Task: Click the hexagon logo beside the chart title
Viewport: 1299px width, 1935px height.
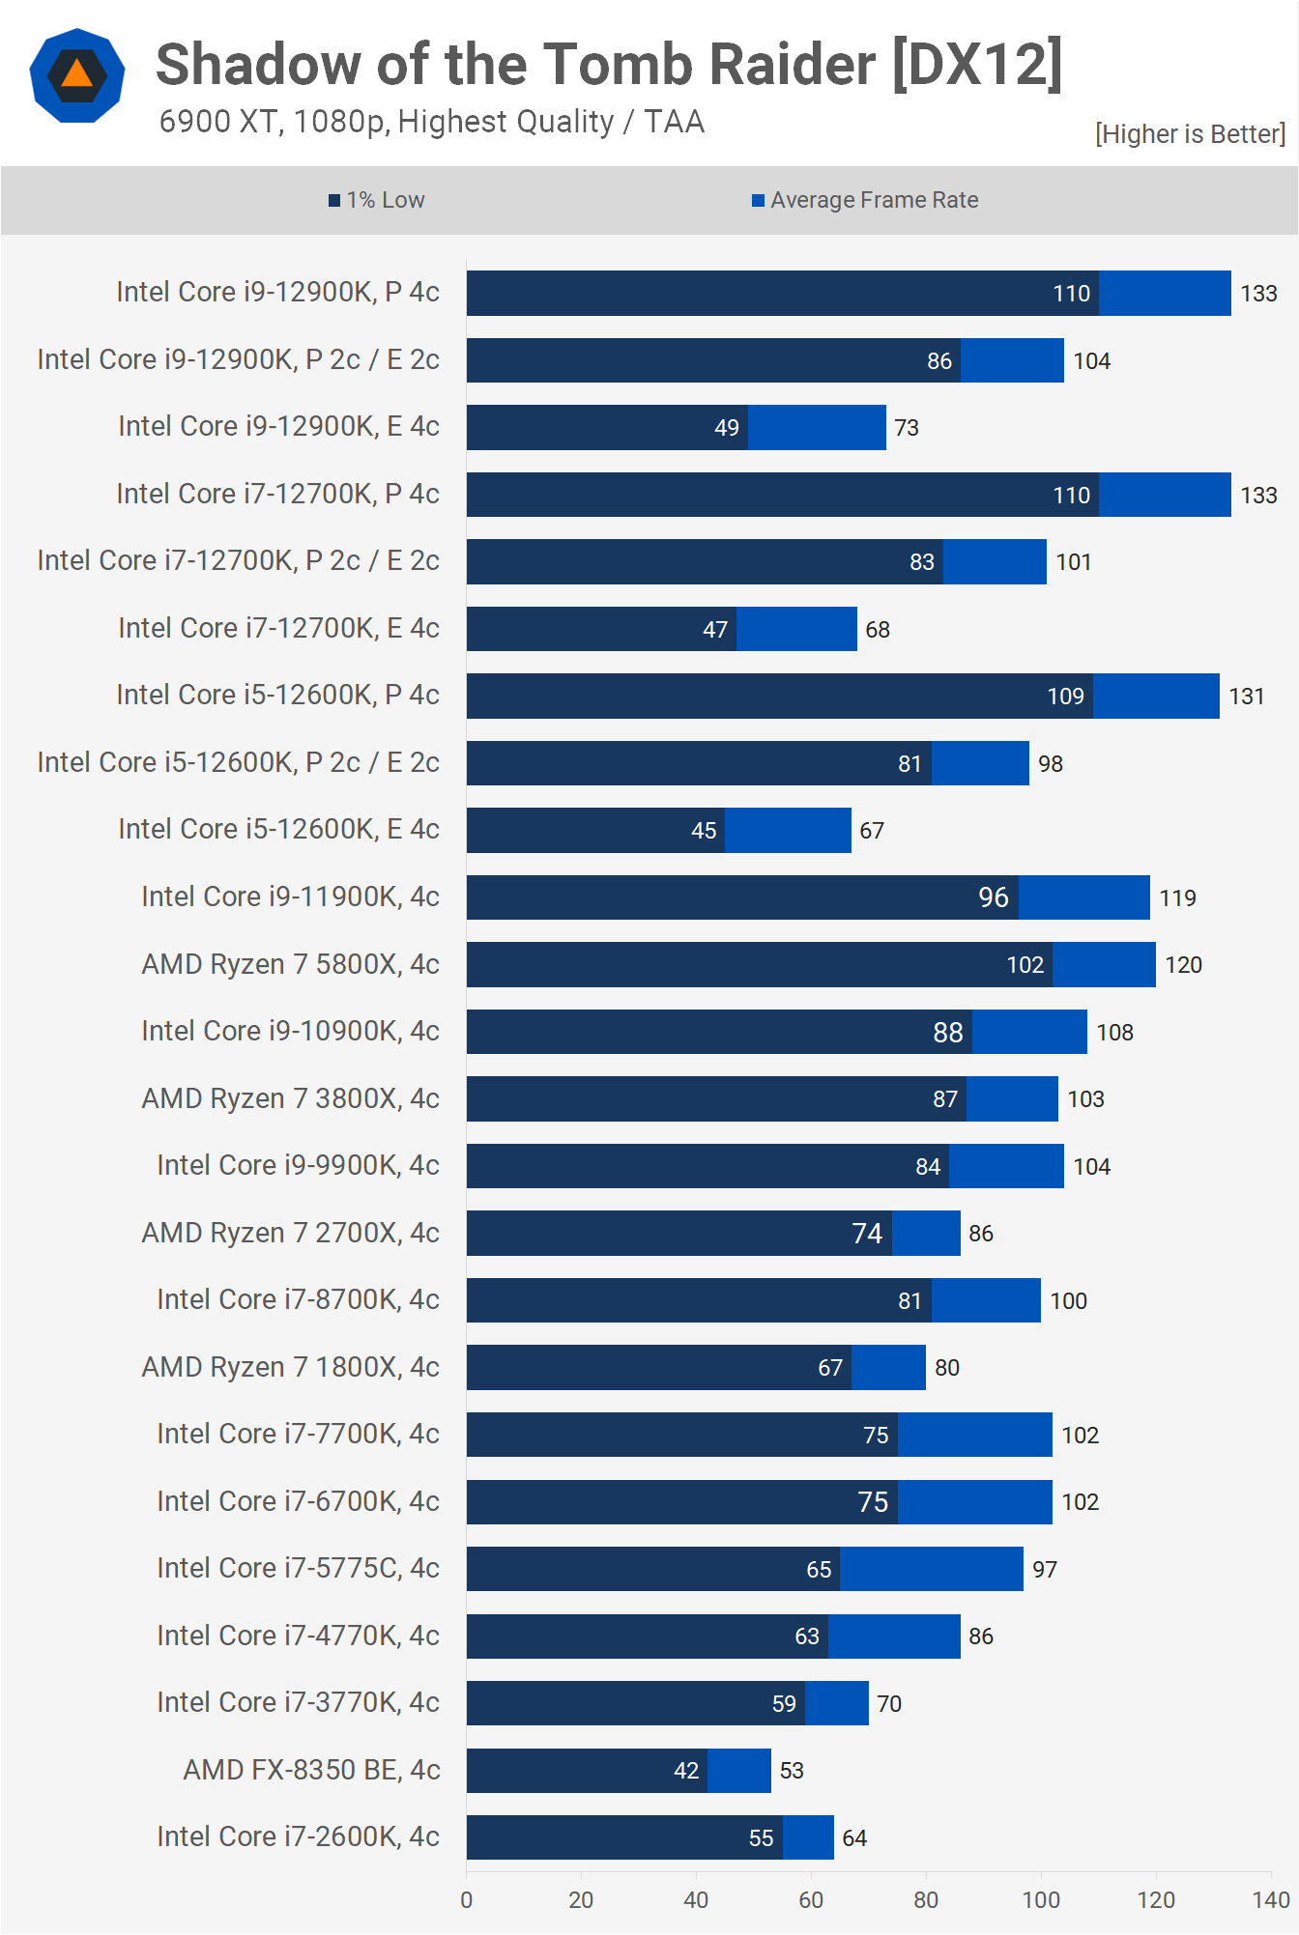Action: (77, 75)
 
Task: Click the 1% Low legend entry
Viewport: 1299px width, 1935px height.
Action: (377, 200)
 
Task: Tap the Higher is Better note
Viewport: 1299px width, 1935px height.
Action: (1190, 133)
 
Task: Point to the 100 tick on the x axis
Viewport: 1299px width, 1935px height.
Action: (1041, 1900)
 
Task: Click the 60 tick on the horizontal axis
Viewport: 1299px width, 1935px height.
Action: (811, 1900)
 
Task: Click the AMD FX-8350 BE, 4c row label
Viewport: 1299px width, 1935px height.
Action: (311, 1770)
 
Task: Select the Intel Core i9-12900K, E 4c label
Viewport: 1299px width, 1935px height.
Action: (278, 426)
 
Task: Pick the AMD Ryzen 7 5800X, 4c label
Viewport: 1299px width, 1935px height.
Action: (290, 964)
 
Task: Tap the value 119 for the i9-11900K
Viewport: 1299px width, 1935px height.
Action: (1177, 897)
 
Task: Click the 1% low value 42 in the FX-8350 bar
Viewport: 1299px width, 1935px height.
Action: (686, 1771)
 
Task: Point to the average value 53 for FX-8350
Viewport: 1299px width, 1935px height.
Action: (792, 1771)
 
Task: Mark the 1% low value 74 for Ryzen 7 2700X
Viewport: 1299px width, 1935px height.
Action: (867, 1234)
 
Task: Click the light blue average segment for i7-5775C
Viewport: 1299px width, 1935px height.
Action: (931, 1569)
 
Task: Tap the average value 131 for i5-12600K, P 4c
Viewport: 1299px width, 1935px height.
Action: (1247, 697)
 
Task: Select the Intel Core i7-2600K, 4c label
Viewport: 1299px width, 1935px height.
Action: (298, 1836)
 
